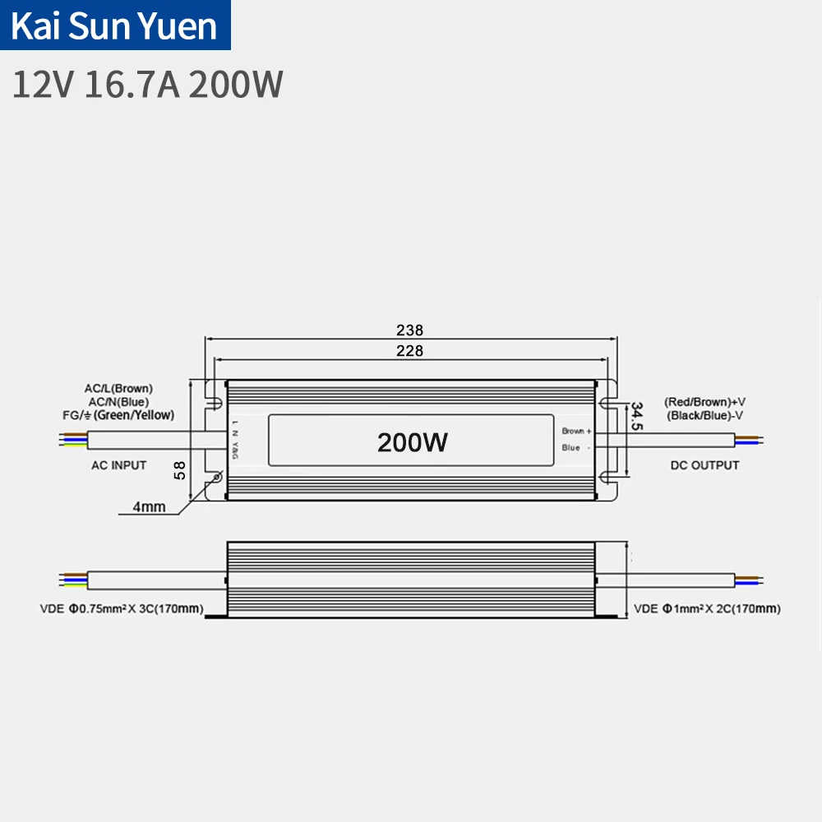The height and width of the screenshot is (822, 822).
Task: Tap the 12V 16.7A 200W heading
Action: pos(148,85)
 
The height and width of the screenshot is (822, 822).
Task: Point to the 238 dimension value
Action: pos(409,330)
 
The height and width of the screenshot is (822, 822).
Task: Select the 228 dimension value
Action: pos(409,350)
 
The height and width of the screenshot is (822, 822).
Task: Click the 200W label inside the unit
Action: pos(412,442)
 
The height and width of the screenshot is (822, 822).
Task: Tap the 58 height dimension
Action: pos(180,469)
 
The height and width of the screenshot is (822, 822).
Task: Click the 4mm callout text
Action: pos(149,507)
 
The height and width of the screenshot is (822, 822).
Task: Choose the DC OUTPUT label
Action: pos(704,465)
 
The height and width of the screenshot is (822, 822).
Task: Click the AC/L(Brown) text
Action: pos(118,388)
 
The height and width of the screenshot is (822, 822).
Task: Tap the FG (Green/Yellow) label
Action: pos(118,415)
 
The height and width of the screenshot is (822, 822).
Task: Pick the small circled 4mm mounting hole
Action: pos(218,477)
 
